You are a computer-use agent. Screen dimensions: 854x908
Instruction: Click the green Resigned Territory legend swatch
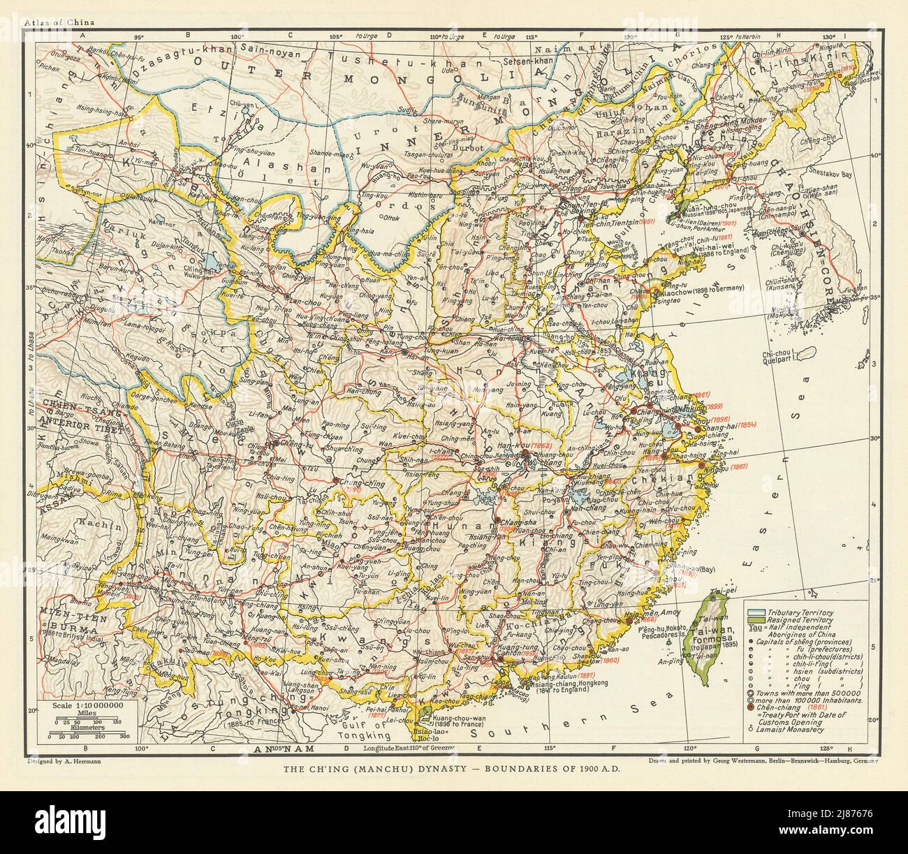[x=754, y=619]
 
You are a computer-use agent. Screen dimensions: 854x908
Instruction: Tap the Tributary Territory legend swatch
[x=754, y=611]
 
